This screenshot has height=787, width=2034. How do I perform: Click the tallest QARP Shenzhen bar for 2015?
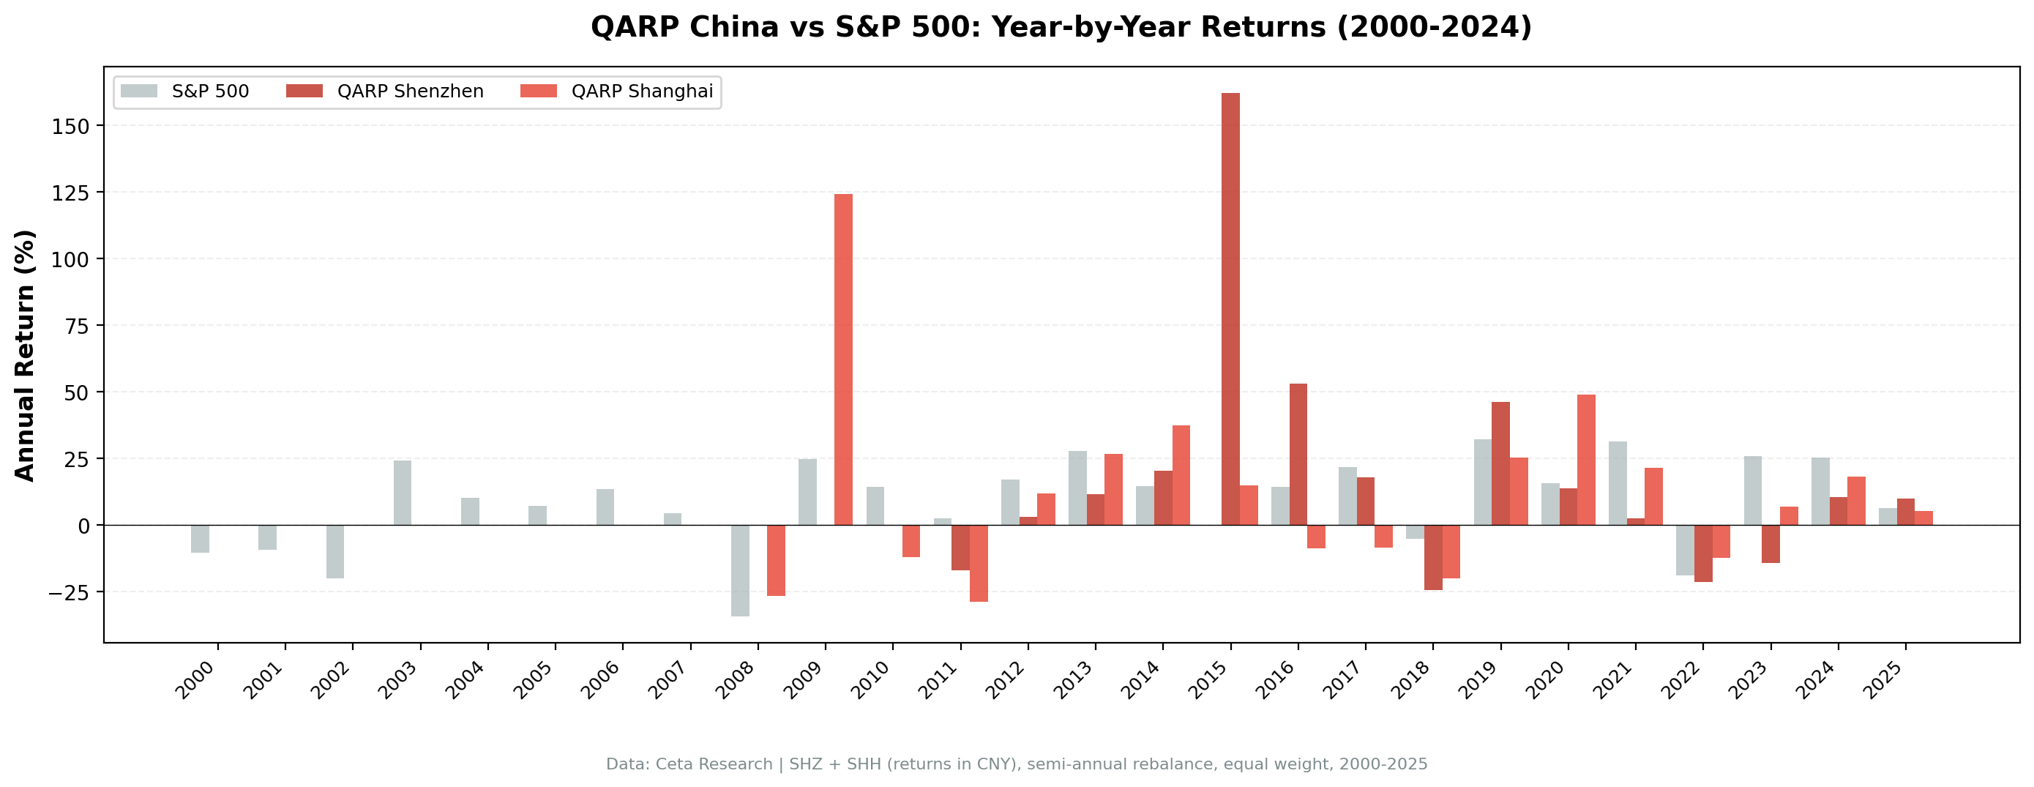pyautogui.click(x=1230, y=308)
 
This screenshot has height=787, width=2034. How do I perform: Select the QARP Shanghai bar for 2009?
pyautogui.click(x=843, y=359)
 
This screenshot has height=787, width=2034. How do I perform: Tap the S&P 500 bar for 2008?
pyautogui.click(x=740, y=570)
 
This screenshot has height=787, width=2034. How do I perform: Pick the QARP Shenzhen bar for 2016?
pyautogui.click(x=1298, y=455)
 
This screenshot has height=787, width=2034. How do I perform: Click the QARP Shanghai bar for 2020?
pyautogui.click(x=1586, y=460)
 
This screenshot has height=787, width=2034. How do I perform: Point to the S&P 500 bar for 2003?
pyautogui.click(x=403, y=492)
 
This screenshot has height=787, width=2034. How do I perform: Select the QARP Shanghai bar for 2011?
pyautogui.click(x=979, y=564)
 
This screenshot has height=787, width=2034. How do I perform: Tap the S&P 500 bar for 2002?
pyautogui.click(x=334, y=551)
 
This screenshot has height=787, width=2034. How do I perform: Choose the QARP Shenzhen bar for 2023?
pyautogui.click(x=1771, y=544)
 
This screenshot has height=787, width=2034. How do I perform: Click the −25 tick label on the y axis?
pyautogui.click(x=70, y=592)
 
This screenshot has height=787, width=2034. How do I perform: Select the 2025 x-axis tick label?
pyautogui.click(x=1887, y=679)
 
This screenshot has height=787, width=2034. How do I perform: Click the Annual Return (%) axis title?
pyautogui.click(x=26, y=356)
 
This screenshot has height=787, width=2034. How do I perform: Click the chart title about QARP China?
pyautogui.click(x=1061, y=28)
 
